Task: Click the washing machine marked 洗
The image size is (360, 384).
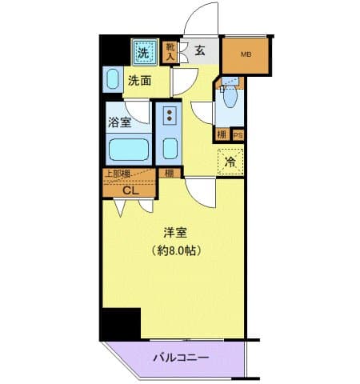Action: [142, 54]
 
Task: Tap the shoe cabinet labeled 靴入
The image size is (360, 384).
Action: [170, 52]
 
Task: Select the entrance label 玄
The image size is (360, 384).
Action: [199, 52]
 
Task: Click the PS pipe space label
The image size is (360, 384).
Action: [237, 134]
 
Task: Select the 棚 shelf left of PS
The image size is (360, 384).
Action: [222, 134]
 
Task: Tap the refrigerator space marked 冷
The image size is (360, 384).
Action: [230, 162]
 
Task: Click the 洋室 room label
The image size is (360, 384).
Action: [175, 234]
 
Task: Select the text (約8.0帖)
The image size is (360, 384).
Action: [176, 250]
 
